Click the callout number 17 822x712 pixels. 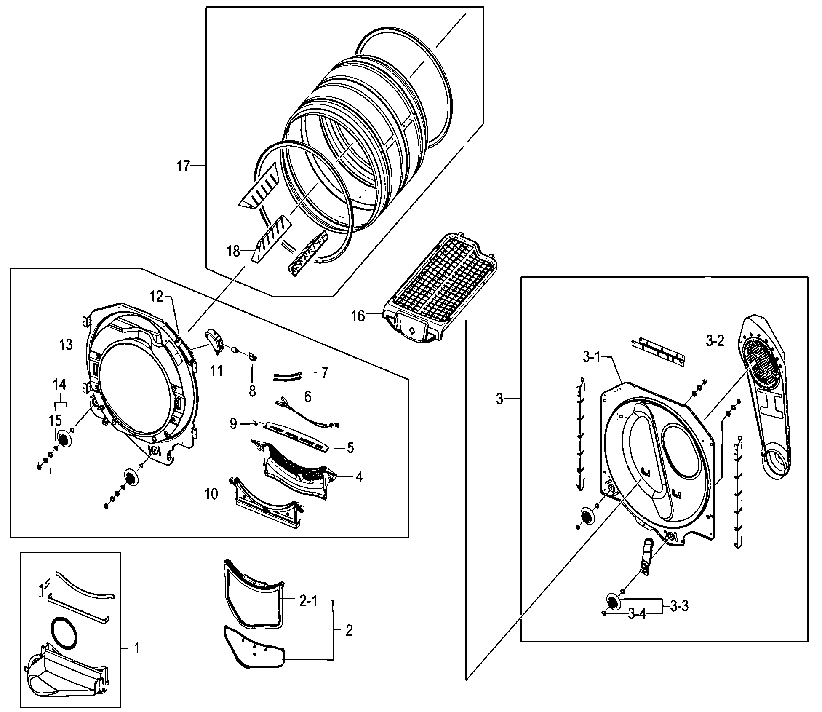point(183,166)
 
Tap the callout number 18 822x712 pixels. point(233,252)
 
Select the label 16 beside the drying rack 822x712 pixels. point(358,316)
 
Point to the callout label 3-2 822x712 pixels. point(715,341)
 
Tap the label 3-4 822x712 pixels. point(636,614)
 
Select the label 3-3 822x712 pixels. point(679,607)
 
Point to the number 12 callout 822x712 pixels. point(156,297)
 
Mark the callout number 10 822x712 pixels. point(211,494)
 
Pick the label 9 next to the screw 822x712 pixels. point(233,423)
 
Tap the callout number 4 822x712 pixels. point(359,477)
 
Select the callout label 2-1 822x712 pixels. point(308,602)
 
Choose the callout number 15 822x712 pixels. point(56,420)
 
